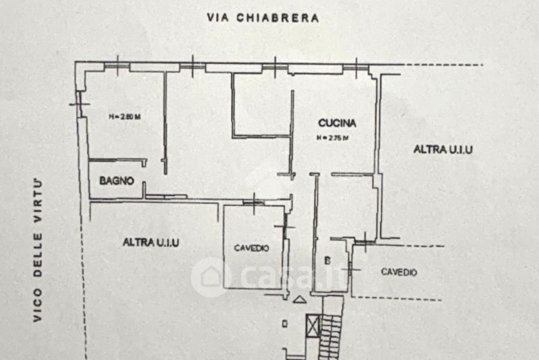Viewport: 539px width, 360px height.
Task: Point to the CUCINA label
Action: (x=337, y=123)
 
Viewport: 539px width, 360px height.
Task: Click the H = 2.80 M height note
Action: (x=124, y=117)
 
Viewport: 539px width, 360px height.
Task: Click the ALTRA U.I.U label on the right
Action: (x=442, y=150)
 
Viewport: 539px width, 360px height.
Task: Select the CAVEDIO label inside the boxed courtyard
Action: (x=251, y=248)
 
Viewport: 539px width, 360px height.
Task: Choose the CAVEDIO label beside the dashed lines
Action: (x=399, y=272)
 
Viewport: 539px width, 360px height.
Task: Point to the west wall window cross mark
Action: (x=79, y=104)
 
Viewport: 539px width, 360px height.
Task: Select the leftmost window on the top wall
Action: (x=119, y=65)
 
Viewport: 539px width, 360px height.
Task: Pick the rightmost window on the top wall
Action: (x=355, y=66)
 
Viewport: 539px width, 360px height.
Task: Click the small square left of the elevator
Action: (x=286, y=324)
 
